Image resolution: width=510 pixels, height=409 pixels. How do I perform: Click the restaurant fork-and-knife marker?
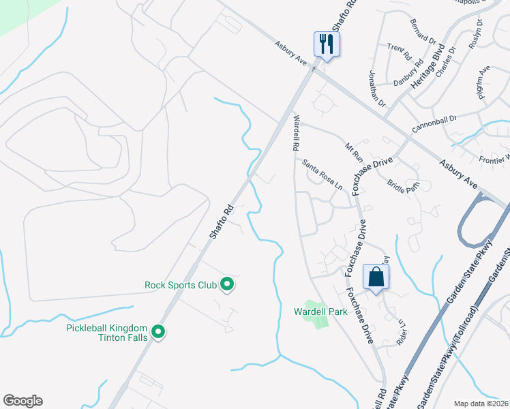click(x=327, y=45)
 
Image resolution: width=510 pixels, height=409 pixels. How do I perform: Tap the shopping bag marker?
click(x=376, y=277)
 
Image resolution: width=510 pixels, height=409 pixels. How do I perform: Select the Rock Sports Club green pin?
click(x=228, y=285)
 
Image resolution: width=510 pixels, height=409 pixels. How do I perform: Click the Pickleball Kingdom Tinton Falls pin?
click(x=159, y=333)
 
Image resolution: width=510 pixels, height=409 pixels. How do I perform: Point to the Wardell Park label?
click(x=320, y=312)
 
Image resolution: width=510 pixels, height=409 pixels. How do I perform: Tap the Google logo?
click(x=22, y=401)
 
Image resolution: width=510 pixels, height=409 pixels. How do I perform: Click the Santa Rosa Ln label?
click(x=322, y=174)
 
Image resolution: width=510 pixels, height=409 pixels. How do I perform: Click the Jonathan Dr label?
click(x=378, y=89)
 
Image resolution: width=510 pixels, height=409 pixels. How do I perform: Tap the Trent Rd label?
click(x=400, y=50)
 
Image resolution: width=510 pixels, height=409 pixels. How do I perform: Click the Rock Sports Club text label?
click(x=180, y=285)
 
